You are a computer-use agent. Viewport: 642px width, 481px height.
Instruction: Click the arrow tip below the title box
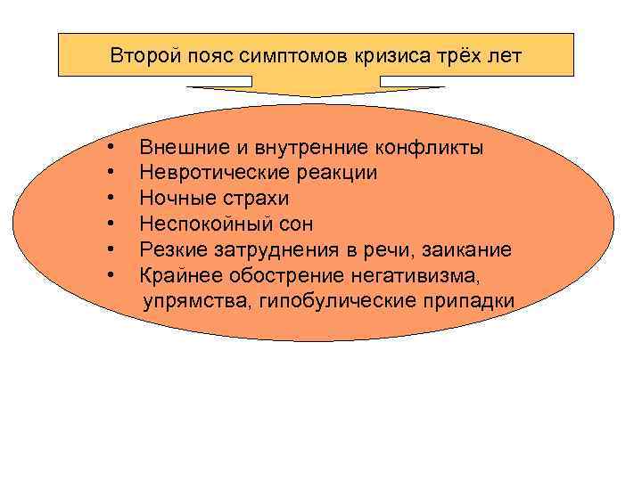click(x=317, y=94)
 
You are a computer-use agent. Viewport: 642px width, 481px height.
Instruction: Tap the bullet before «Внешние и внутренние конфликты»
click(x=109, y=146)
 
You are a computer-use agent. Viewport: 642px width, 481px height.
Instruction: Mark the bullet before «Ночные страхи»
click(x=109, y=198)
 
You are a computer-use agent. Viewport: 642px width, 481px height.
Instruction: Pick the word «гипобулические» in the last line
click(x=338, y=301)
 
